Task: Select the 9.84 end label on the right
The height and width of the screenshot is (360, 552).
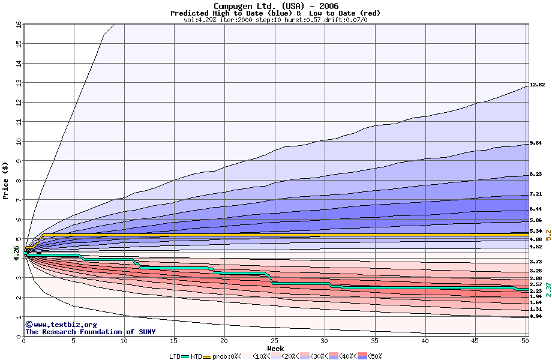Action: [x=536, y=143]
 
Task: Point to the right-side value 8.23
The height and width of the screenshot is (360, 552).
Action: [x=536, y=175]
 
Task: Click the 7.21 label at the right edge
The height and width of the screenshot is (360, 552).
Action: [x=536, y=194]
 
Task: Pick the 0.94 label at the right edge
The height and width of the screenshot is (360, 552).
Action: [x=536, y=316]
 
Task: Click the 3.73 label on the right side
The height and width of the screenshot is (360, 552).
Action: [x=536, y=262]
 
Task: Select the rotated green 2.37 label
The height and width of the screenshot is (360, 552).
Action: [x=547, y=290]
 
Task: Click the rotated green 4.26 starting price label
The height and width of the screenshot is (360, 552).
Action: [x=16, y=253]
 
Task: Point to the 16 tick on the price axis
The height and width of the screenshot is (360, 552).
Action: [x=18, y=24]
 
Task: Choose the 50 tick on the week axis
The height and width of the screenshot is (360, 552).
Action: [x=524, y=341]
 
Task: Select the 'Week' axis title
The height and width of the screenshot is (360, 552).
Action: [x=275, y=349]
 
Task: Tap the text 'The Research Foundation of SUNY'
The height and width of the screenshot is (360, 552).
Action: [x=90, y=332]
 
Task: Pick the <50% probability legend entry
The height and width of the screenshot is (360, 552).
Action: [x=371, y=356]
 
